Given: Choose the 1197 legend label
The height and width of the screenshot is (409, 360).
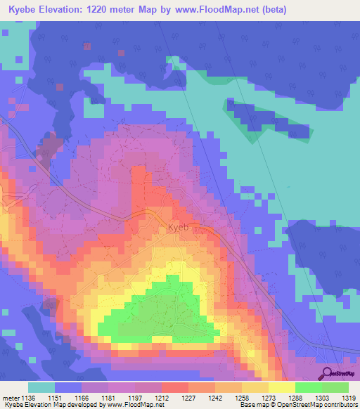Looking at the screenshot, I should (136, 397).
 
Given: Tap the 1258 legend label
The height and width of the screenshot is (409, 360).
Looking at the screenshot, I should (242, 397).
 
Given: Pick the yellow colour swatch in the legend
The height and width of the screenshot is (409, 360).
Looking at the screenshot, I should (281, 387).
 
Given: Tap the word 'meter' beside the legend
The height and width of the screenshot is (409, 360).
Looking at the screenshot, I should (11, 397).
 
